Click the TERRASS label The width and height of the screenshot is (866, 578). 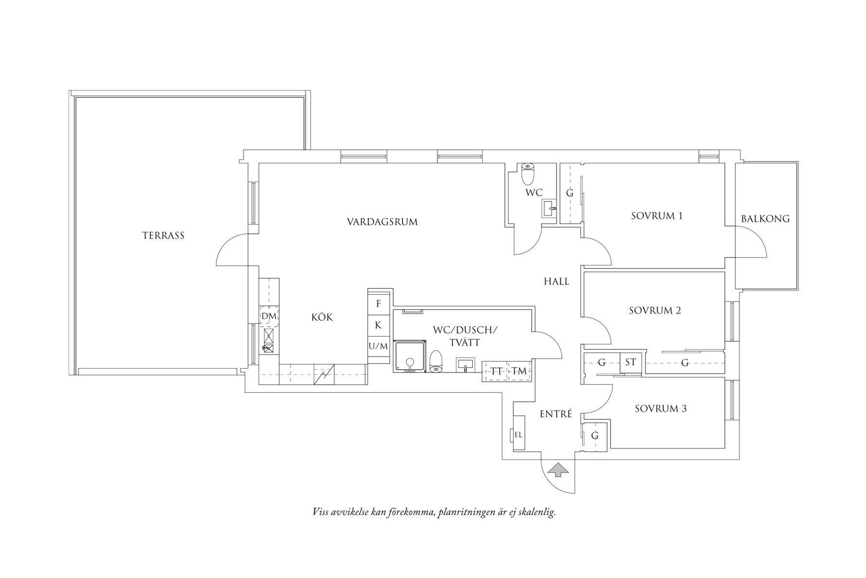(x=163, y=236)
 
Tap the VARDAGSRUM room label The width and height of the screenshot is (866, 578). (x=382, y=222)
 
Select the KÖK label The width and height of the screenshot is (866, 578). (x=322, y=317)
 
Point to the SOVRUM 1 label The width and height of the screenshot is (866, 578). (x=657, y=216)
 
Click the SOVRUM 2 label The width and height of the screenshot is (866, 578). (x=655, y=311)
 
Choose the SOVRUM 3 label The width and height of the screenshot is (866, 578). (x=661, y=409)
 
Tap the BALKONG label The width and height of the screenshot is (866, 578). (x=765, y=219)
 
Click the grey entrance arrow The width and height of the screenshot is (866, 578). (x=558, y=470)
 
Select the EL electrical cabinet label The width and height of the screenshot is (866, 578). (x=518, y=435)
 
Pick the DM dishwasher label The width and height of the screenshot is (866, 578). (x=269, y=317)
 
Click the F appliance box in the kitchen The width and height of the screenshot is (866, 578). (x=379, y=304)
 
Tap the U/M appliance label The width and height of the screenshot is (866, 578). (x=378, y=346)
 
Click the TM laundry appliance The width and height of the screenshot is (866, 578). (x=519, y=372)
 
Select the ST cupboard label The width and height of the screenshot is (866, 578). (x=631, y=362)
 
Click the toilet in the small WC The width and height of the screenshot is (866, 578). (x=528, y=174)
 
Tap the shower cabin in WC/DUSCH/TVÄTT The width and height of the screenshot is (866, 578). (x=410, y=356)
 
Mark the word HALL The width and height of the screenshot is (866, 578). (x=557, y=281)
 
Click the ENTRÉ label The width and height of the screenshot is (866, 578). (x=556, y=414)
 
